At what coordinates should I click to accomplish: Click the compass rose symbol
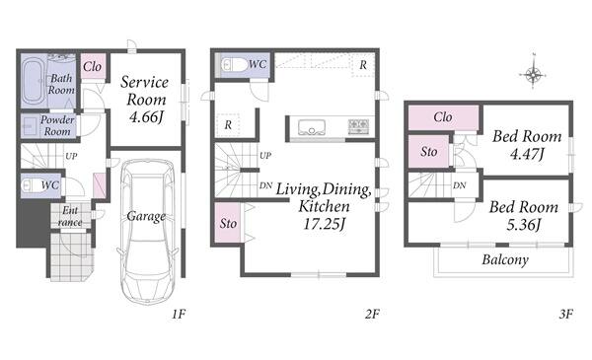(533, 74)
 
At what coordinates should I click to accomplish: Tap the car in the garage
(147, 231)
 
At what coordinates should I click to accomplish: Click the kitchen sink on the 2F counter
(312, 127)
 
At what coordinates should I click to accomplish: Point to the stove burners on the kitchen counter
(359, 126)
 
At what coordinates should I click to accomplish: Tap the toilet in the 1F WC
(31, 185)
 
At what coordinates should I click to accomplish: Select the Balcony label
(505, 260)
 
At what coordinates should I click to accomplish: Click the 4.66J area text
(146, 117)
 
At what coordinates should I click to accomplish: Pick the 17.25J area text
(325, 224)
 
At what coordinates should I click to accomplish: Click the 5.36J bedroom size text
(524, 225)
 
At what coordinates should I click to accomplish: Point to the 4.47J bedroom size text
(528, 154)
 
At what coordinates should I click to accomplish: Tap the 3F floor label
(566, 314)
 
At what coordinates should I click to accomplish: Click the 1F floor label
(179, 314)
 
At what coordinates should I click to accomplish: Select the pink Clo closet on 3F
(443, 117)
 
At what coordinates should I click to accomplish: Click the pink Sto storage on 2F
(228, 223)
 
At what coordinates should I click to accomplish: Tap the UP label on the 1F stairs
(71, 156)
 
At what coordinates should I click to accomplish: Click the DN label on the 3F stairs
(460, 185)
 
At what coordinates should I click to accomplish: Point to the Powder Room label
(57, 125)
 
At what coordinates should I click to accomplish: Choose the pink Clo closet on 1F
(93, 66)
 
